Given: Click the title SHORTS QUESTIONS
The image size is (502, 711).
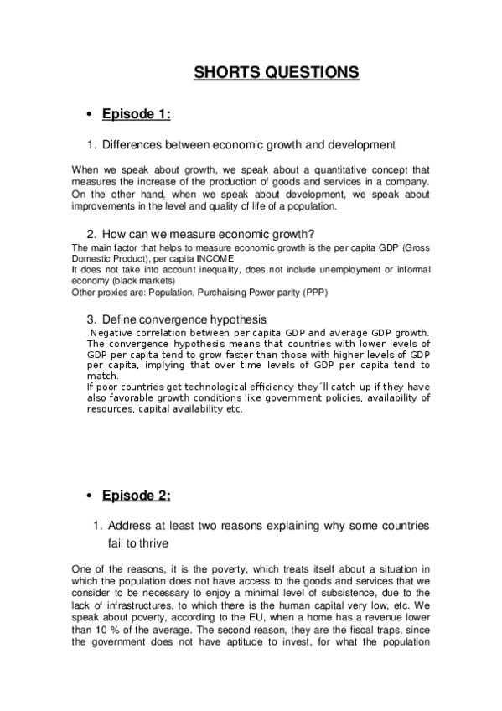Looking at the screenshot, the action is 277,73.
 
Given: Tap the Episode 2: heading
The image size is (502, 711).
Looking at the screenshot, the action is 137,496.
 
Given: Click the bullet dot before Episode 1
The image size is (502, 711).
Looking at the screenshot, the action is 89,115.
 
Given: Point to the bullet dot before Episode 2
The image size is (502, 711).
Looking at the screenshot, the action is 89,496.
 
